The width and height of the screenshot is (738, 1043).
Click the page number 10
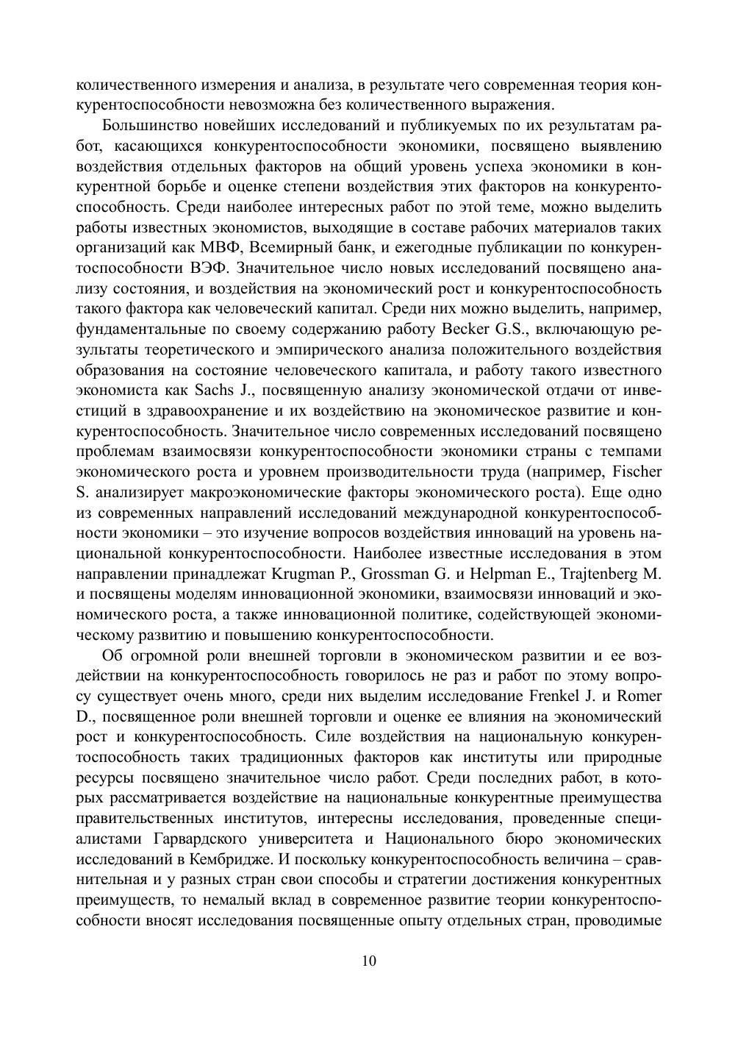(x=369, y=961)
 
